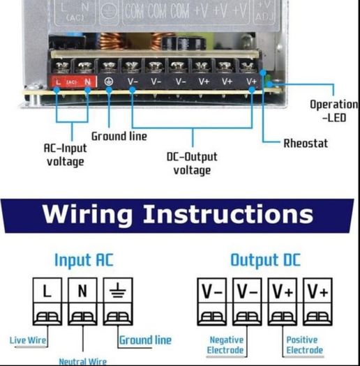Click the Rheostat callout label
[x=306, y=144]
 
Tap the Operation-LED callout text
[x=333, y=111]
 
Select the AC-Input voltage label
[x=65, y=155]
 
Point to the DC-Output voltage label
[x=192, y=163]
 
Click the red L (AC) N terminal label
[x=72, y=82]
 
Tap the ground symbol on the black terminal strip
[x=109, y=82]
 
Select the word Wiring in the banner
[x=87, y=215]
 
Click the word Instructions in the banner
[x=228, y=214]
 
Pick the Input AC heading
[x=84, y=260]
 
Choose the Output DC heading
[x=265, y=260]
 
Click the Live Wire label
[x=28, y=340]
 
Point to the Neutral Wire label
[x=83, y=362]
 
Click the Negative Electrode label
[x=225, y=345]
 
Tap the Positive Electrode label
[x=305, y=345]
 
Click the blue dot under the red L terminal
[x=57, y=90]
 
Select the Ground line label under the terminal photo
[x=119, y=137]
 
